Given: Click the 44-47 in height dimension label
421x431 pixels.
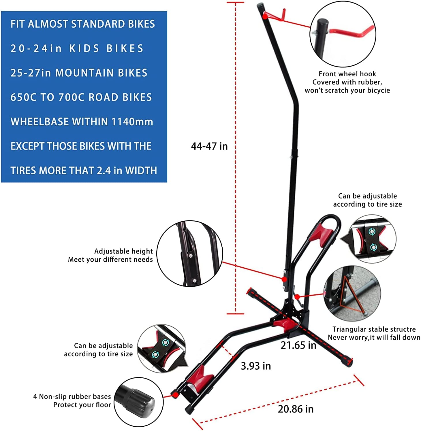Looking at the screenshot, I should coord(209,146).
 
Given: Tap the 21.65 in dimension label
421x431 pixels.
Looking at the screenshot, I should coord(298,345).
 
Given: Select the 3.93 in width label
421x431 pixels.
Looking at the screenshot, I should coord(256,366).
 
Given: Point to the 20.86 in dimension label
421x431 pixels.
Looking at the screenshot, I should coord(296,409).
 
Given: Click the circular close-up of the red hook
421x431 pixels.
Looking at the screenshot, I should coord(343,34).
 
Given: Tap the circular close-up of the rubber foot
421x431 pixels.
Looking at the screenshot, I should coord(139,402).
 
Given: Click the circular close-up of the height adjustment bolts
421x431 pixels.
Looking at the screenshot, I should coord(190,254).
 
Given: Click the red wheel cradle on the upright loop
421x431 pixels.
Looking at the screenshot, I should coord(321,235).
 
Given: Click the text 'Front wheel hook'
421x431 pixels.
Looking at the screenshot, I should coord(347,74).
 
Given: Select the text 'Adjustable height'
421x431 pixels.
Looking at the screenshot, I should coord(123,251).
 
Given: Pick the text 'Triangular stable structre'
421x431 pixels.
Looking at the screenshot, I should coord(374,329).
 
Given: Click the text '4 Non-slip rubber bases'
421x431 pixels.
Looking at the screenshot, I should coord(72,397).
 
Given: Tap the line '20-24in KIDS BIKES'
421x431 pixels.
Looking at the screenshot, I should coord(77,48).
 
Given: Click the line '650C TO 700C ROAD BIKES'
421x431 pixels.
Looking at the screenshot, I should coord(81,97).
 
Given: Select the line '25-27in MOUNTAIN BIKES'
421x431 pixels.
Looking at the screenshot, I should coord(79,73).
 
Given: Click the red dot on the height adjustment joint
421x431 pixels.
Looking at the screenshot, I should coord(284,279).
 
